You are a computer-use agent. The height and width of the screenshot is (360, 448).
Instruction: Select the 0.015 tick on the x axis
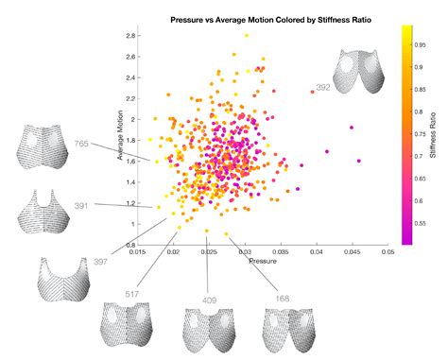(138, 252)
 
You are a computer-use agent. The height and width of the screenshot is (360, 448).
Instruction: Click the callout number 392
(322, 88)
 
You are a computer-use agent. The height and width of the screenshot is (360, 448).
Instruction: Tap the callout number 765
(82, 143)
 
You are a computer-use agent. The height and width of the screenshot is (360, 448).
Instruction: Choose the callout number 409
(210, 300)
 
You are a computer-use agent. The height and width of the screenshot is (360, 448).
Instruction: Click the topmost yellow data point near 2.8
(247, 35)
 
